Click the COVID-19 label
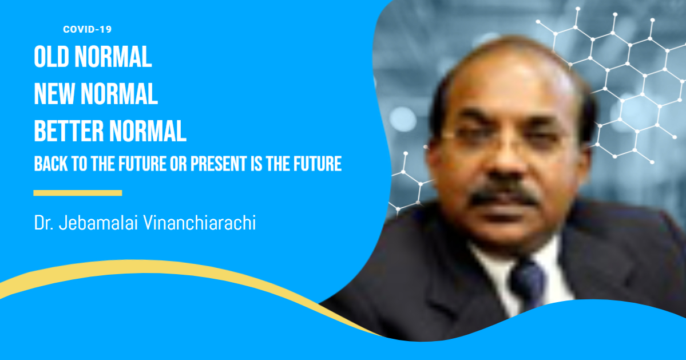(87, 29)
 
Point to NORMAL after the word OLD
(113, 57)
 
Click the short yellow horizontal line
(78, 193)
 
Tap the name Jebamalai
(98, 223)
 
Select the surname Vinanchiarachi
(200, 223)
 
